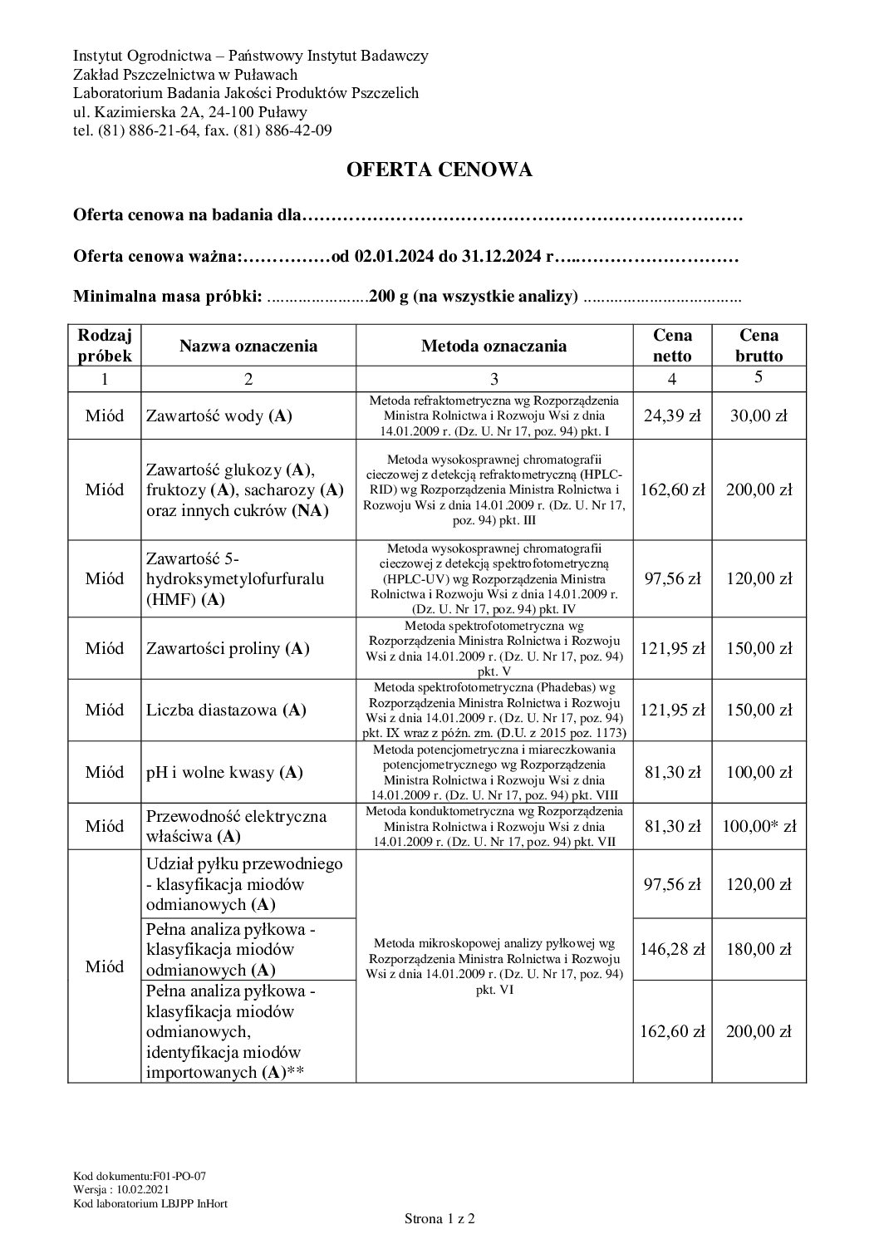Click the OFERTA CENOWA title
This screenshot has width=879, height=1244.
(x=439, y=170)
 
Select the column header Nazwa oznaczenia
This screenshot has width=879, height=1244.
(x=248, y=346)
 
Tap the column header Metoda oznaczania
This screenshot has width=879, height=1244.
(x=494, y=346)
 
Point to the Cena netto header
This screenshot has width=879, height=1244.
(x=672, y=346)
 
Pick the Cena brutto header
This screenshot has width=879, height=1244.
(x=759, y=346)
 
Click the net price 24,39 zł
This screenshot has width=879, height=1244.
(x=672, y=416)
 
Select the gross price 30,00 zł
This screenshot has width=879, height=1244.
(x=759, y=416)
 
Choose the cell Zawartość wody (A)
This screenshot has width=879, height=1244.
(x=219, y=416)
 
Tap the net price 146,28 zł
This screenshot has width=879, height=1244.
(x=672, y=949)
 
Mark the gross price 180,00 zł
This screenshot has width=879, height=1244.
(x=759, y=949)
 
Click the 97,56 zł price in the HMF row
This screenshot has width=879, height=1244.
(x=672, y=578)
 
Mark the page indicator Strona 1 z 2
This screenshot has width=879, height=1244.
(x=439, y=1220)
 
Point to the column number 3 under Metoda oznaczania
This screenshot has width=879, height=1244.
(x=494, y=379)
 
